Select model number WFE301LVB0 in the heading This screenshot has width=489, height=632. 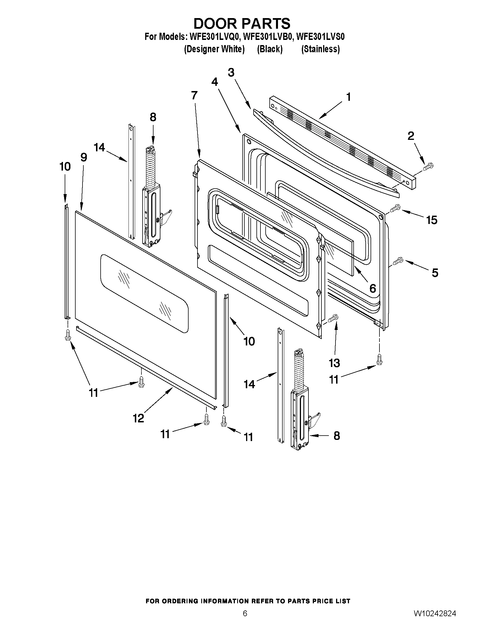point(268,37)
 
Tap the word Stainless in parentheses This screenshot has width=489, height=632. point(321,49)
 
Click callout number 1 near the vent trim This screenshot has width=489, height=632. point(348,97)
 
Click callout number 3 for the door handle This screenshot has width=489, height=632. point(231,72)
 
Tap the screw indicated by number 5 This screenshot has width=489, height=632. point(397,261)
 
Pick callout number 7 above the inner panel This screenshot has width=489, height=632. point(194,95)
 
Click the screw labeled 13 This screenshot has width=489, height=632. point(333,318)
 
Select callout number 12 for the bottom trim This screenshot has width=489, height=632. point(139,418)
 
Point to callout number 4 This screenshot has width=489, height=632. point(214,82)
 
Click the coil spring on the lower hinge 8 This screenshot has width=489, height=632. point(299,375)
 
